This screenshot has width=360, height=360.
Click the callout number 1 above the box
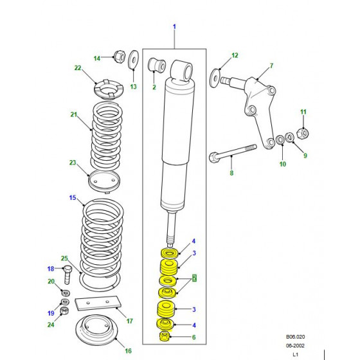pyautogui.click(x=174, y=26)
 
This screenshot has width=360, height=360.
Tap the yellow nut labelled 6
pyautogui.click(x=165, y=336)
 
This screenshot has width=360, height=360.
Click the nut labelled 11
pyautogui.click(x=303, y=133)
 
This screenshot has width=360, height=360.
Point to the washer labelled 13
pyautogui.click(x=134, y=59)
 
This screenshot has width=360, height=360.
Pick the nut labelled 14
pyautogui.click(x=120, y=57)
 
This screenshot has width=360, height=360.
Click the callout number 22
pyautogui.click(x=78, y=68)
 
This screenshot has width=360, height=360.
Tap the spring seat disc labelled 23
pyautogui.click(x=104, y=181)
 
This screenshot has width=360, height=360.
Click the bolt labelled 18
pyautogui.click(x=67, y=274)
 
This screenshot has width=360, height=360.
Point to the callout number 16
pyautogui.click(x=129, y=351)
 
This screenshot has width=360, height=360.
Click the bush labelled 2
pyautogui.click(x=157, y=64)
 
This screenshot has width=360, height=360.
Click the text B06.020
pyautogui.click(x=295, y=337)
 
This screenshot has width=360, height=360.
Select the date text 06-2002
pyautogui.click(x=295, y=346)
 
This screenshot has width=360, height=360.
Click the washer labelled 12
pyautogui.click(x=215, y=78)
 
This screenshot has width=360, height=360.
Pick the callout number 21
pyautogui.click(x=74, y=114)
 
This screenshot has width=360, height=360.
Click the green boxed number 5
pyautogui.click(x=195, y=278)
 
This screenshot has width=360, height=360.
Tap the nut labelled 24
pyautogui.click(x=64, y=311)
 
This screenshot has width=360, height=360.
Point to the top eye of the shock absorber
pyautogui.click(x=183, y=70)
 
